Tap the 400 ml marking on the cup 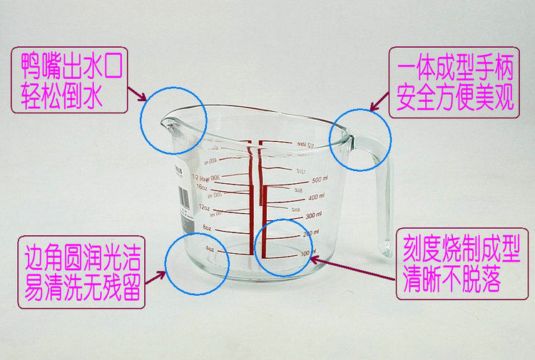coord(315,196)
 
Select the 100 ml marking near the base coord(307,253)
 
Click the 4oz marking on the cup coord(210,250)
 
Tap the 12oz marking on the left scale coord(205,208)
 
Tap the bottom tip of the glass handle coord(386,252)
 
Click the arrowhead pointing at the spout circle coord(145,98)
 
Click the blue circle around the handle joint coord(360,139)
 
